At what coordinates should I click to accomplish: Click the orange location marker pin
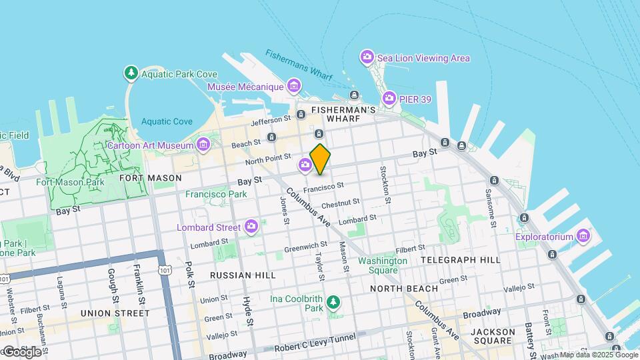click(x=320, y=160)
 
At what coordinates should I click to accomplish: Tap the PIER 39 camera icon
click(x=389, y=99)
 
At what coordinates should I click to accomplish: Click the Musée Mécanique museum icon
click(x=293, y=85)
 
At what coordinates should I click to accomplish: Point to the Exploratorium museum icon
click(x=583, y=236)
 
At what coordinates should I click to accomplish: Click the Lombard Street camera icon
click(x=251, y=227)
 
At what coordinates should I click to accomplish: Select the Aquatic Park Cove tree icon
click(x=131, y=72)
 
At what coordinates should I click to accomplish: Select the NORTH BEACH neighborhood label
click(x=404, y=289)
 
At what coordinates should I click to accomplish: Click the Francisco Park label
click(x=216, y=194)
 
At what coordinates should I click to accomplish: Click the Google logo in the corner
click(x=23, y=351)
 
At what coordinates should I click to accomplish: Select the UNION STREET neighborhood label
click(x=115, y=313)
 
